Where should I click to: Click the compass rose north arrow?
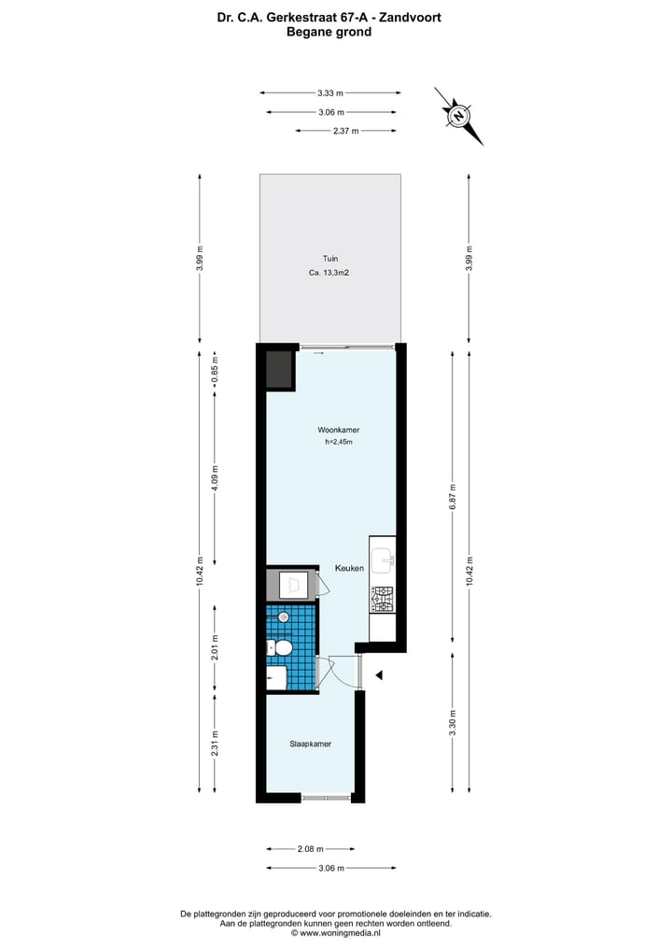tap(459, 116)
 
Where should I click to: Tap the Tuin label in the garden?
tap(330, 259)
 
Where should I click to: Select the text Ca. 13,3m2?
tap(330, 274)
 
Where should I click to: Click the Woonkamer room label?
tap(339, 430)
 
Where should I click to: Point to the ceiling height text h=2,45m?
tap(339, 442)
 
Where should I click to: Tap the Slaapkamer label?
tap(310, 744)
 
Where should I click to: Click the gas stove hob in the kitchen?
tap(383, 598)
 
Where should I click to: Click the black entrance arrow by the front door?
tap(379, 674)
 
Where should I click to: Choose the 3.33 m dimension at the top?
tap(330, 92)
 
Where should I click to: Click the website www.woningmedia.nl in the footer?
tap(337, 932)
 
